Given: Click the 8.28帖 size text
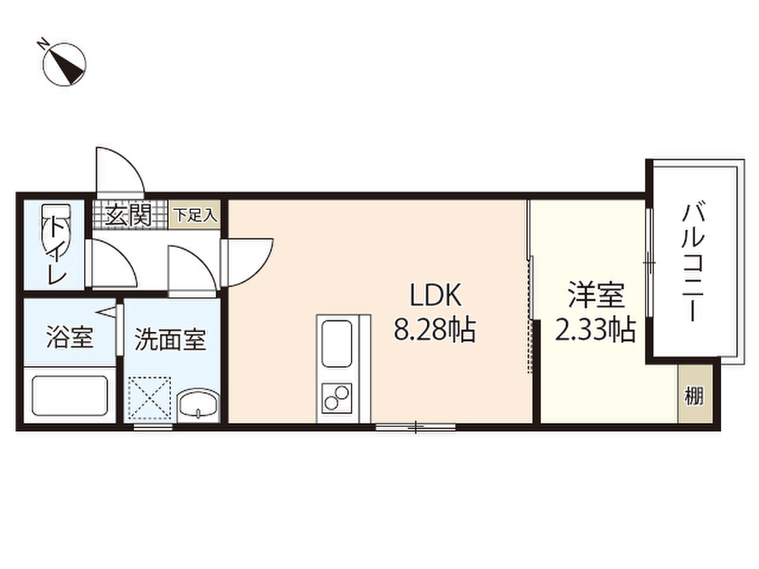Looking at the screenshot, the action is pyautogui.click(x=434, y=330).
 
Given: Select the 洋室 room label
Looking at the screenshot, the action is pyautogui.click(x=596, y=295).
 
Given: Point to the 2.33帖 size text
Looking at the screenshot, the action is pyautogui.click(x=595, y=330).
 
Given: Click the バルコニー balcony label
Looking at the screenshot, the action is pyautogui.click(x=693, y=263).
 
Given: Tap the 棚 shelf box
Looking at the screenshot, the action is pyautogui.click(x=695, y=393).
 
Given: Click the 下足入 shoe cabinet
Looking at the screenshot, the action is pyautogui.click(x=195, y=214).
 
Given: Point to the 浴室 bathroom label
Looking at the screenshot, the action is pyautogui.click(x=70, y=337).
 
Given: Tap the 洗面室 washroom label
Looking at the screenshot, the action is pyautogui.click(x=170, y=339).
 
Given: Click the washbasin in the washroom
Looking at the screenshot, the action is pyautogui.click(x=199, y=405).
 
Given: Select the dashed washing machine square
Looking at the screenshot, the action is pyautogui.click(x=150, y=398).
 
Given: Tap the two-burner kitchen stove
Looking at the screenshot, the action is pyautogui.click(x=336, y=397).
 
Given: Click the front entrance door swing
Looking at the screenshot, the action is pyautogui.click(x=119, y=171).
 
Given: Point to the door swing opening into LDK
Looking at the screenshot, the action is pyautogui.click(x=248, y=262).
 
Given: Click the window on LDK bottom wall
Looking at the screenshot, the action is pyautogui.click(x=416, y=427).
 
